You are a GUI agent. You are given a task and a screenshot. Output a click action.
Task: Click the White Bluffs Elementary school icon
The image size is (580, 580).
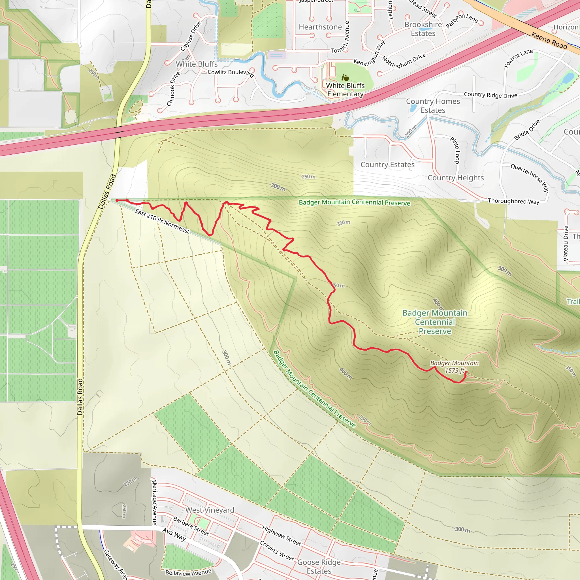tap(345, 78)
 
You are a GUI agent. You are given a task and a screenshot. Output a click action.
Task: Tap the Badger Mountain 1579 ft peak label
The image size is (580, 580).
tap(454, 366)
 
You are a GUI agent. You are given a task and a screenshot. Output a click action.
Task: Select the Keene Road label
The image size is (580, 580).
tap(549, 40)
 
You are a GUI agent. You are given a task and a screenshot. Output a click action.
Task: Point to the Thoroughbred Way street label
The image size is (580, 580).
tap(513, 201)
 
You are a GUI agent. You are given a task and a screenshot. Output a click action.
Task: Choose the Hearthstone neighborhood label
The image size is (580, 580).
tap(320, 27)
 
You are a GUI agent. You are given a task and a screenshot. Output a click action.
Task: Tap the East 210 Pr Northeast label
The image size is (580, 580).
tap(162, 221)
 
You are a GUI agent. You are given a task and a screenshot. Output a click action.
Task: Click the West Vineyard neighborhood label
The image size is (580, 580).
tap(210, 510)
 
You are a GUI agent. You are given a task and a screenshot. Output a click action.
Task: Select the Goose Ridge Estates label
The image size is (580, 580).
tap(319, 566)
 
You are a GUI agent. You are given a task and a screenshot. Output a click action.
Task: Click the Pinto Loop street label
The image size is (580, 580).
tap(455, 150)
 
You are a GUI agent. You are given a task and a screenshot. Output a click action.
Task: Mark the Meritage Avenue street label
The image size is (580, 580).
tap(154, 503)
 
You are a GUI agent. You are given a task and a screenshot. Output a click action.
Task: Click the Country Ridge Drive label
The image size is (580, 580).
tap(491, 95)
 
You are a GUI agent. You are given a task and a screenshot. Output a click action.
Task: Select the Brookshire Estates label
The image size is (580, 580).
tap(423, 29)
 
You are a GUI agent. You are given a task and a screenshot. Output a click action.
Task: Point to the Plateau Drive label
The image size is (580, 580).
tap(566, 243)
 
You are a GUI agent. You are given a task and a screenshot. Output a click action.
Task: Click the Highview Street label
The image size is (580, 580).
tap(281, 536)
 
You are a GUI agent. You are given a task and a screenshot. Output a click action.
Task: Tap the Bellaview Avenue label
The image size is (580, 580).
tap(188, 572)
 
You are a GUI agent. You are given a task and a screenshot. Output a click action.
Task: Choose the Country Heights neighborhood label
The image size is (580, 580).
tap(455, 178)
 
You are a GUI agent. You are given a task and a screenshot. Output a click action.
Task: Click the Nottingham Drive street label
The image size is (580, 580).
tap(404, 61)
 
